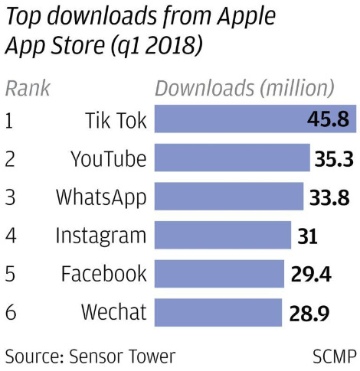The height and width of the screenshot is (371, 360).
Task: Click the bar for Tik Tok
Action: coord(230,121)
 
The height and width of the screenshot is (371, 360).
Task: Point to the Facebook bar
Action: coord(218,273)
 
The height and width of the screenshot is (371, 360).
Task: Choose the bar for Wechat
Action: coord(218,311)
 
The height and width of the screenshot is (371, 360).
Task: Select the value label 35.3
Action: coord(335,159)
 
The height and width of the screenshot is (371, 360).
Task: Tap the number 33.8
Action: coord(329,197)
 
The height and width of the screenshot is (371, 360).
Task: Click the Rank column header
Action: coord(27,88)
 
